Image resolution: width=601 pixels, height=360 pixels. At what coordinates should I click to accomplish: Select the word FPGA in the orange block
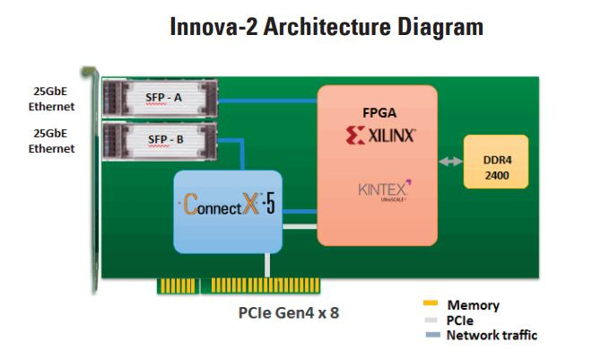coord(377,115)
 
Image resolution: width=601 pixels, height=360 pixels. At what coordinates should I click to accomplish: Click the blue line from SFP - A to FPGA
coord(269,99)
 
